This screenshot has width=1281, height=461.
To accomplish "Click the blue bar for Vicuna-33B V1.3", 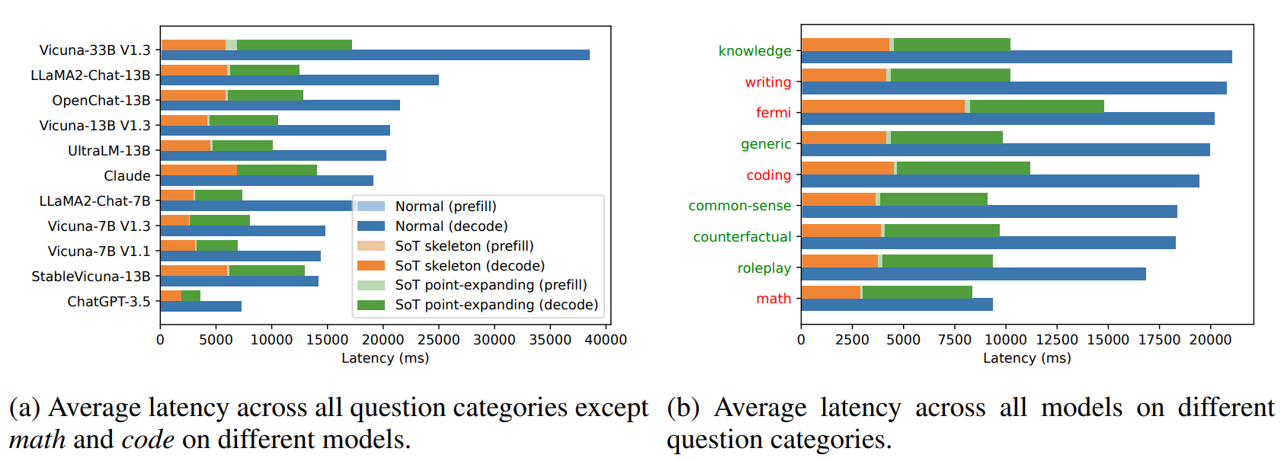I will click(x=375, y=55).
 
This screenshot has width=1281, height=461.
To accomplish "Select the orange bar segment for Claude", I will click(x=199, y=170).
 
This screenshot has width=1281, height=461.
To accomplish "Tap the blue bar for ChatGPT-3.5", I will click(x=201, y=306).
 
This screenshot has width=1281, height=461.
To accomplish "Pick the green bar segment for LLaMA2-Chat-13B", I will click(x=264, y=70).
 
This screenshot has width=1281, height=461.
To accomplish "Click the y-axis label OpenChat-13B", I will click(x=101, y=101).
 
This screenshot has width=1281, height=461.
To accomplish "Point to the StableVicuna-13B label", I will click(x=91, y=277).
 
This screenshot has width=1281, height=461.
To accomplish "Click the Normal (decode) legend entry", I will click(x=451, y=226).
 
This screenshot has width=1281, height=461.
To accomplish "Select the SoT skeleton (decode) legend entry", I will click(x=469, y=266).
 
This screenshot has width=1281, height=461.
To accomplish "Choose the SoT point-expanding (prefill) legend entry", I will click(x=491, y=285).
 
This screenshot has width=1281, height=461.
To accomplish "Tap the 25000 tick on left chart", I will click(x=439, y=340).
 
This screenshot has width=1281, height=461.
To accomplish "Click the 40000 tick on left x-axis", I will click(x=606, y=340).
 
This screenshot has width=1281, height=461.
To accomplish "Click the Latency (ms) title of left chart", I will click(x=385, y=358).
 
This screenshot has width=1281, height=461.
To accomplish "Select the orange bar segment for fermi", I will click(x=883, y=106).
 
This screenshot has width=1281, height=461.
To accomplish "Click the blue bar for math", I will click(x=897, y=305).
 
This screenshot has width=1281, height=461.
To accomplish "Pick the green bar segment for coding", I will click(x=963, y=168).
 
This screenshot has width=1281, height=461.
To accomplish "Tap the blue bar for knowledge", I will click(x=1017, y=57).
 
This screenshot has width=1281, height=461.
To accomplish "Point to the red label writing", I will click(x=768, y=82).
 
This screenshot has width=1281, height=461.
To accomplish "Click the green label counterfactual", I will click(x=742, y=237).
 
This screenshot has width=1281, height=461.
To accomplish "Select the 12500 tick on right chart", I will click(x=1057, y=340).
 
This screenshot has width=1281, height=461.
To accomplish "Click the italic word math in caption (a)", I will click(x=37, y=440).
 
